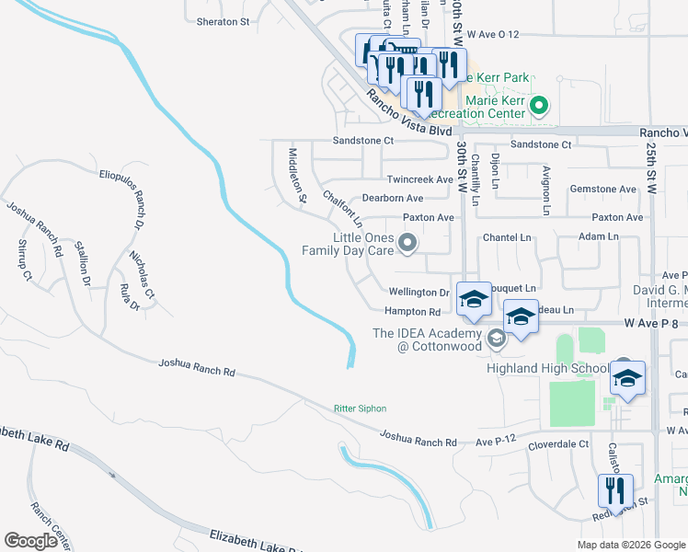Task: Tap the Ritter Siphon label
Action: (360, 408)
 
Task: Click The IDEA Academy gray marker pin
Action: (497, 339)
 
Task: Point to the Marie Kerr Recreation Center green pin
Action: (541, 106)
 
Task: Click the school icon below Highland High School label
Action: (627, 378)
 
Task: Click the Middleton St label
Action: (296, 174)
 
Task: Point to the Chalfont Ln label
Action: (342, 211)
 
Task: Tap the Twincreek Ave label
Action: (420, 179)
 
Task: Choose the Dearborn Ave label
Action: (392, 198)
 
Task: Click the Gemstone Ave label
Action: (603, 189)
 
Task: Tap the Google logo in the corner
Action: (31, 541)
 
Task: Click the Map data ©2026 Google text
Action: (630, 545)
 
